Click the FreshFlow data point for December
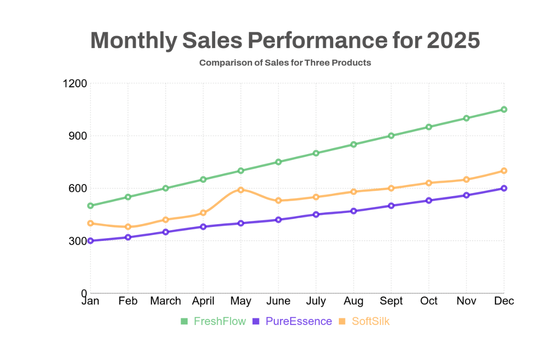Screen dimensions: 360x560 pyautogui.click(x=504, y=109)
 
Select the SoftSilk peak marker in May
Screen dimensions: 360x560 pyautogui.click(x=241, y=190)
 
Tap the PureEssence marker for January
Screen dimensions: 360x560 pyautogui.click(x=90, y=241)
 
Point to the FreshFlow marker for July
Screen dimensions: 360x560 pyautogui.click(x=316, y=153)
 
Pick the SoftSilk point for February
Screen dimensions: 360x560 pyautogui.click(x=128, y=227)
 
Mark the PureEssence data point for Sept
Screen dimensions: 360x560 pyautogui.click(x=391, y=205)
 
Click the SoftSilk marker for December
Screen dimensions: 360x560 pyautogui.click(x=504, y=171)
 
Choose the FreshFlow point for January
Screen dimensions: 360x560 pyautogui.click(x=90, y=205)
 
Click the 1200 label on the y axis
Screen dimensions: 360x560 pyautogui.click(x=75, y=84)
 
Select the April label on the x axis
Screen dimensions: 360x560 pyautogui.click(x=203, y=301)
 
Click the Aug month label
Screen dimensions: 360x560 pyautogui.click(x=353, y=301)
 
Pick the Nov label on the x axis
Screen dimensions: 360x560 pyautogui.click(x=466, y=301)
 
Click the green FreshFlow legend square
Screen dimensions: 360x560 pyautogui.click(x=184, y=321)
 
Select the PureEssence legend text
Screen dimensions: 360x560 pyautogui.click(x=299, y=321)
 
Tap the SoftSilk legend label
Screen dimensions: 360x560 pyautogui.click(x=371, y=321)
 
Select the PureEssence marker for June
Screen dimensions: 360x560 pyautogui.click(x=278, y=219)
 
